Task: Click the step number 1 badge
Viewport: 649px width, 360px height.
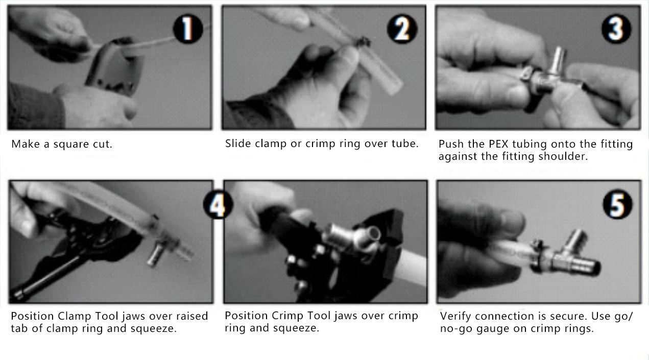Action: [x=188, y=29]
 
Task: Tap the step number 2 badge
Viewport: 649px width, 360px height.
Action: [x=402, y=29]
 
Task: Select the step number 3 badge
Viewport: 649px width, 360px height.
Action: [x=616, y=29]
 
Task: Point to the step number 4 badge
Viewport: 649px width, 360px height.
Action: [x=218, y=204]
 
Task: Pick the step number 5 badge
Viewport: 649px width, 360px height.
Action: [x=618, y=204]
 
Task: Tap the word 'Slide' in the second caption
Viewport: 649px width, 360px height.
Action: [x=238, y=143]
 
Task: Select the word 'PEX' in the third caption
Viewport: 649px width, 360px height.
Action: [x=499, y=144]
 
